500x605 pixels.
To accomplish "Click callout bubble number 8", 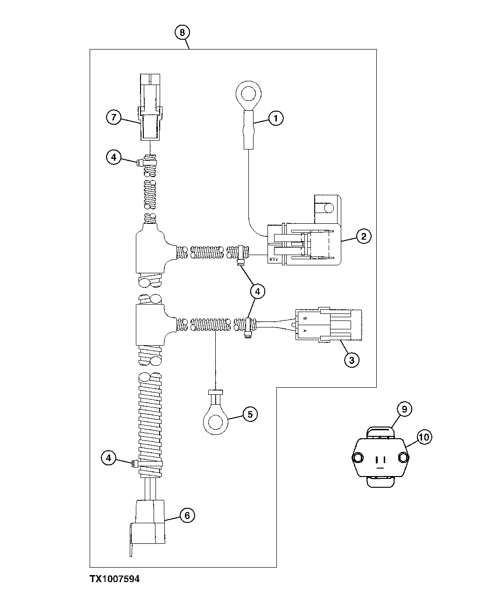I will click(182, 32).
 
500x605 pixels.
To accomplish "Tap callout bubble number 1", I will click(276, 119).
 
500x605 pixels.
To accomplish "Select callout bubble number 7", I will click(113, 117).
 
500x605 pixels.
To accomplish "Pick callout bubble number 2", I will click(364, 236).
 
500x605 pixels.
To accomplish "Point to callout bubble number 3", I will click(352, 360).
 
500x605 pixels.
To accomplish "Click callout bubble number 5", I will click(250, 414).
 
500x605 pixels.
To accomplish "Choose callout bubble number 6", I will click(187, 515).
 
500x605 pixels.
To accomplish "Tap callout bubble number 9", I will click(404, 409).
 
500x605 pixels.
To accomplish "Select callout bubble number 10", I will click(424, 437).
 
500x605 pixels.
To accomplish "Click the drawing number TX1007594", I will click(114, 579).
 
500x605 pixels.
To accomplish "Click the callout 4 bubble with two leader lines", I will click(257, 291).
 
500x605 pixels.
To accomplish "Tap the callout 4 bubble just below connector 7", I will click(113, 157).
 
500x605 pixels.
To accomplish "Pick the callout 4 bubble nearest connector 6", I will click(108, 458).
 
